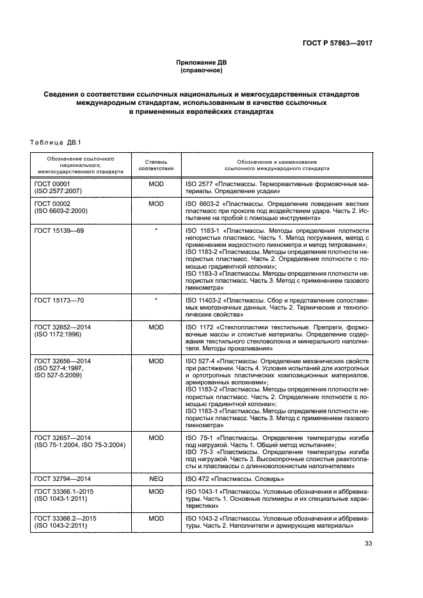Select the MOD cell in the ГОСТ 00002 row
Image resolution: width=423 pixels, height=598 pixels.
point(156,203)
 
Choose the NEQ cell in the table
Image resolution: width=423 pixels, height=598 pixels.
point(156,478)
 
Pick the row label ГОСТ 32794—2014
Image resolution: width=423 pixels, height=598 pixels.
point(63,478)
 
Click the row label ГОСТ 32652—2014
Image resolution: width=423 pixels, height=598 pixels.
point(63,326)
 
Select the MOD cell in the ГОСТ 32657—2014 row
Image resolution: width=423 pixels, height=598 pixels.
point(156,437)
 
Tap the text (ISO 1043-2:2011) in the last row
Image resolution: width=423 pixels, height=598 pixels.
point(63,525)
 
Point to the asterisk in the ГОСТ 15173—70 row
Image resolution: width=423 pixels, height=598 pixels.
point(156,299)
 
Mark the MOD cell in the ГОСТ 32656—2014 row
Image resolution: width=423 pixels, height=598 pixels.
point(156,361)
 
